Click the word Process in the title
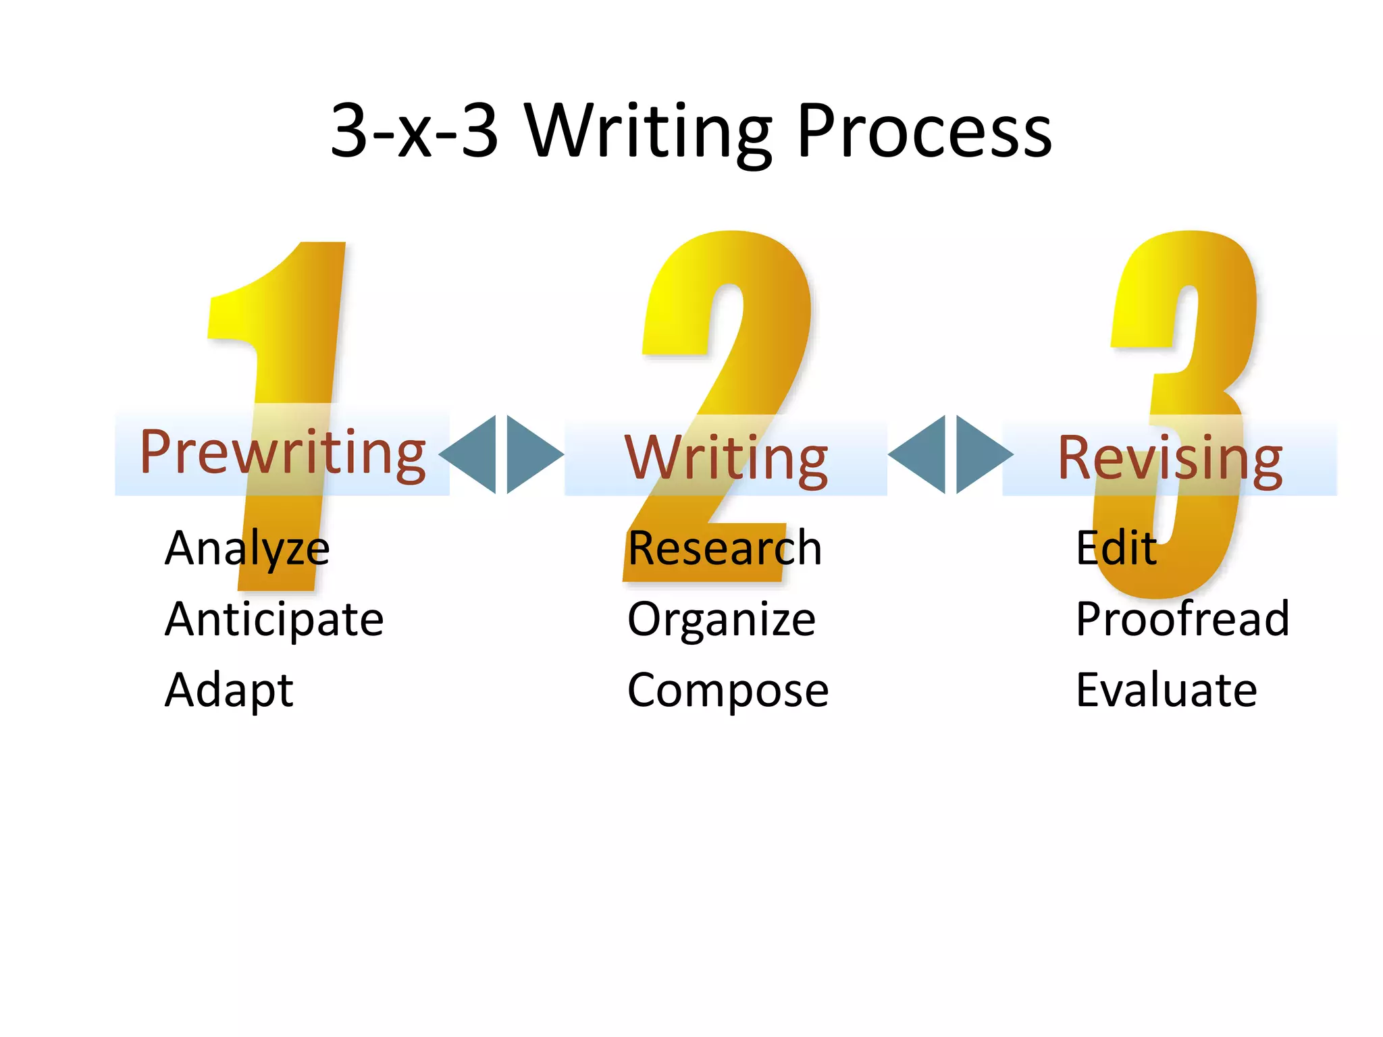pos(924,132)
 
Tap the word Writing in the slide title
pos(648,132)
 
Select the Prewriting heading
pos(282,452)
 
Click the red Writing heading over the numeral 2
pos(726,459)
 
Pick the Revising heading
pos(1170,459)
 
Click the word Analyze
pos(247,548)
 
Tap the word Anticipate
pos(274,619)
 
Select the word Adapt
pos(229,690)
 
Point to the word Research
pos(725,548)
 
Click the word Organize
pos(721,619)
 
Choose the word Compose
pos(728,690)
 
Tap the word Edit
pos(1116,548)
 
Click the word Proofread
pos(1182,619)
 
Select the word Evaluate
pos(1166,690)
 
